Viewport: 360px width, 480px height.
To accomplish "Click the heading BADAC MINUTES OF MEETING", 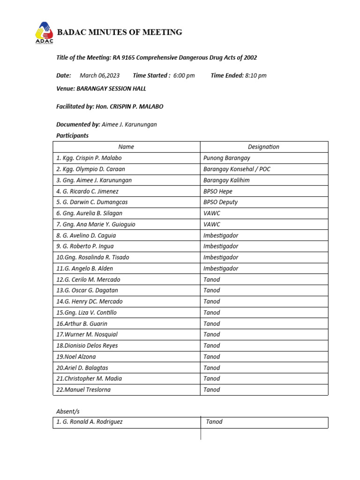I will [119, 32].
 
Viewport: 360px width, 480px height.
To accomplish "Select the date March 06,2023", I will [99, 75].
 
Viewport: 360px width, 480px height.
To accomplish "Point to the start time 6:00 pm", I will [184, 75].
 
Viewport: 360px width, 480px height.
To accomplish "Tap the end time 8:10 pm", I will [255, 75].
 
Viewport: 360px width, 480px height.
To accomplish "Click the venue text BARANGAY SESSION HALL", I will [108, 89].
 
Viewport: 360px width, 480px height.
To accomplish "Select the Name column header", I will [126, 147].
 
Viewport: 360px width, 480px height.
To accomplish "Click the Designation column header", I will [263, 147].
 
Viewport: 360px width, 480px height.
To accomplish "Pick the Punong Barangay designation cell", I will [227, 158].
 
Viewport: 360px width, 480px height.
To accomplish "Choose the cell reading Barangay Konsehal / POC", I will [237, 169].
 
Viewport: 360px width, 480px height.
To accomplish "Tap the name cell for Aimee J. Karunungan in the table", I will [94, 180].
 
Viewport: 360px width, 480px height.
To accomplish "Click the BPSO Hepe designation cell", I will [217, 191].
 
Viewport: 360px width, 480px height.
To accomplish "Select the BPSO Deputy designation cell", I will [220, 202].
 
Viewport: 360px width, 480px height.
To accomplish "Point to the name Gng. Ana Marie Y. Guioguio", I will [96, 225].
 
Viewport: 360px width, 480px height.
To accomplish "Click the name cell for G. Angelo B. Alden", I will [84, 269].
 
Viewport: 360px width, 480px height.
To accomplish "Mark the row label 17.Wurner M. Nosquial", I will [87, 335].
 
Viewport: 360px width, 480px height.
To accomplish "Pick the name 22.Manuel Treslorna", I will [83, 390].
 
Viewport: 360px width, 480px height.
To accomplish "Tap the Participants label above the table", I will [72, 136].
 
